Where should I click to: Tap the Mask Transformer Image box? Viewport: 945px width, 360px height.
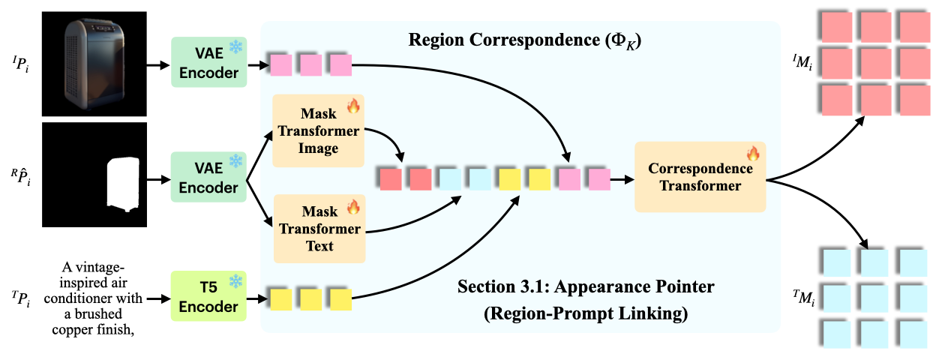point(319,131)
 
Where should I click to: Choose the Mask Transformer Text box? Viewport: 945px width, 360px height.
point(319,228)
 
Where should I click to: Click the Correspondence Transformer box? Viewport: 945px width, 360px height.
point(700,177)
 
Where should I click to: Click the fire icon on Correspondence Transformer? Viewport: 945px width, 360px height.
point(753,154)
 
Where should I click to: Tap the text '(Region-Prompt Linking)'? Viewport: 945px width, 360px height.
point(586,313)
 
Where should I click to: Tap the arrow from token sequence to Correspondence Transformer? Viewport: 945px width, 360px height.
point(621,179)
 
